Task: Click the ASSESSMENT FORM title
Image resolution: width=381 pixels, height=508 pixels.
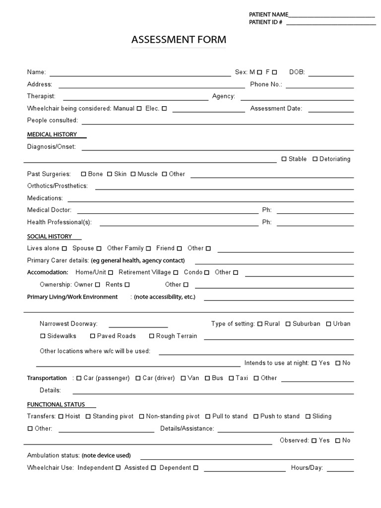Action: point(179,40)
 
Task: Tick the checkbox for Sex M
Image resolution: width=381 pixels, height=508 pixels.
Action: point(259,72)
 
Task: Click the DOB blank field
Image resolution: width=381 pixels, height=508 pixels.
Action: point(331,72)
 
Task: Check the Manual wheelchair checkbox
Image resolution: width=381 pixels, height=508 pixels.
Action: point(139,109)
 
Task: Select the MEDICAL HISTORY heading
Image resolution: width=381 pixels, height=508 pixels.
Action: point(52,134)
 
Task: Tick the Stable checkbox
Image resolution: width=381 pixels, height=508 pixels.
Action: point(284,159)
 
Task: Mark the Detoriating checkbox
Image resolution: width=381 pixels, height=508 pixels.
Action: point(315,159)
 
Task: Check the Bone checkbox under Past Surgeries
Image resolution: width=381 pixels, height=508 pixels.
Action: point(83,174)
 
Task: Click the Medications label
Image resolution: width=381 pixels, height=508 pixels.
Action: point(45,198)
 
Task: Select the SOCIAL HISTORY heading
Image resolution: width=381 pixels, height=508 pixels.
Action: point(50,237)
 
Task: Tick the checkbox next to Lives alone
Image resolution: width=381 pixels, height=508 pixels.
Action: point(64,249)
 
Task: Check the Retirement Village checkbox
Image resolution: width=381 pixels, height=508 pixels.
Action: point(176,272)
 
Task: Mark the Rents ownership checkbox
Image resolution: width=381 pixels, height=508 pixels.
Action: point(127,285)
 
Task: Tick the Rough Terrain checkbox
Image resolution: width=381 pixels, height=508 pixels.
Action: point(152,336)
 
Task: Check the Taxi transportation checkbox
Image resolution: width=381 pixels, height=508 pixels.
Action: point(231,378)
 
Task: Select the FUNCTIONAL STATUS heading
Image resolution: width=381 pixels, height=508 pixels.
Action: point(56,405)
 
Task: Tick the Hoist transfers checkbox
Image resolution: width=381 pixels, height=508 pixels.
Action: point(61,417)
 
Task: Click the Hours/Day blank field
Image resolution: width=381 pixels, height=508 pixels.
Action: point(340,468)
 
